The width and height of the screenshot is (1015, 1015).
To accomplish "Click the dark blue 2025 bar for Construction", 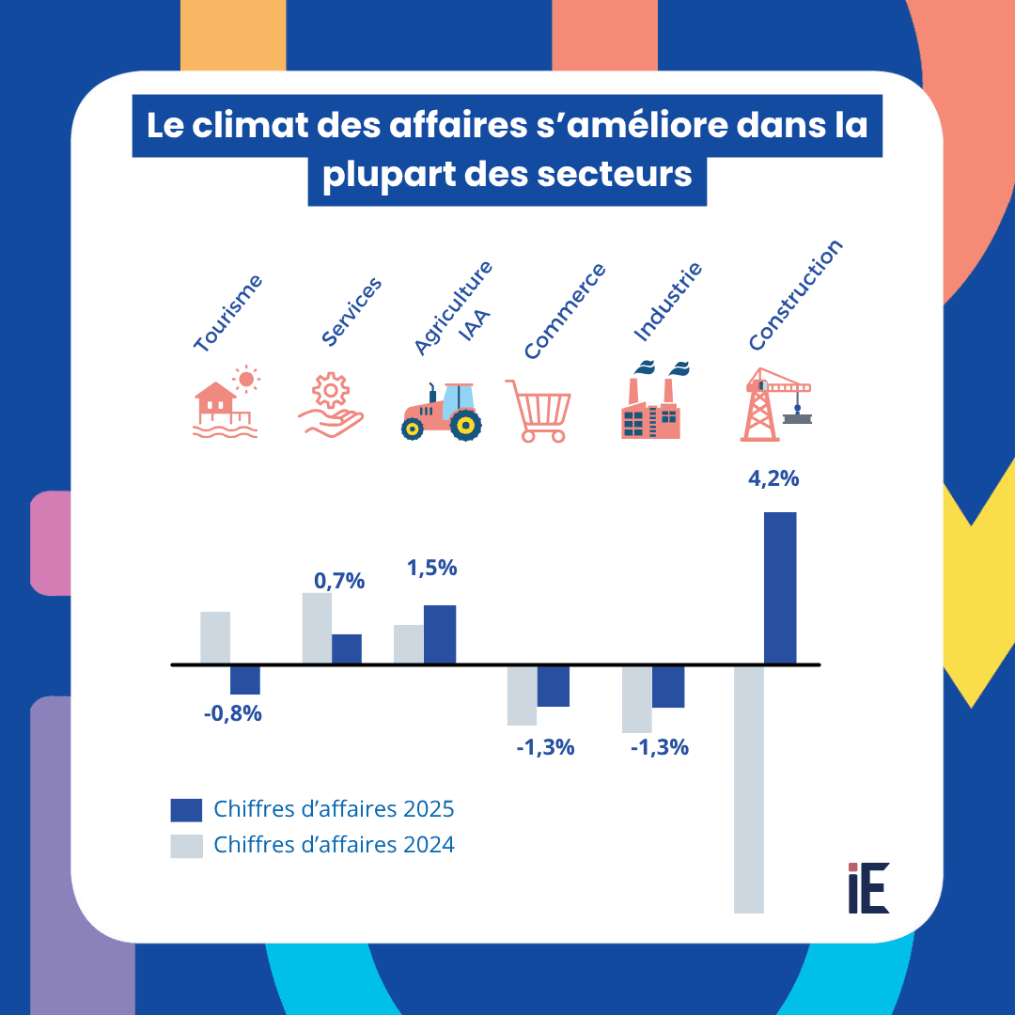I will coord(780,587).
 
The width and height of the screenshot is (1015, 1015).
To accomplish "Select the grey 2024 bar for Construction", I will coord(748,789).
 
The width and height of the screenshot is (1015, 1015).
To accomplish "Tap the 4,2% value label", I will coord(773,478).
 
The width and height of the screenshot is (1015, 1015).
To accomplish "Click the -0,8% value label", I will coord(232,713).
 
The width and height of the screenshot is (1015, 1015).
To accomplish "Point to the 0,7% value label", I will coord(339,581).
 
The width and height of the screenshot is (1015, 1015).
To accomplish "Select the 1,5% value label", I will coord(431,568).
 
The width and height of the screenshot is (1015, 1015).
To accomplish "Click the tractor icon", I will coord(442,412).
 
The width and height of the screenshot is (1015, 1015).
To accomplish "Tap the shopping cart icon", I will coord(538,411).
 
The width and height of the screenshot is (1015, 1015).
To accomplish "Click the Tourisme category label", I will coord(227,314).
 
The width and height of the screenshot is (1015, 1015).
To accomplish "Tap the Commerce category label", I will coord(565,311).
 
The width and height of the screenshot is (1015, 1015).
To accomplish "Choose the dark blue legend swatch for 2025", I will coord(186,810).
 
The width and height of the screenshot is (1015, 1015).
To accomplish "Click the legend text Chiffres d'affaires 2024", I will coord(334,845).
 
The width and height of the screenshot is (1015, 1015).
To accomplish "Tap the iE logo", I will coord(867,888).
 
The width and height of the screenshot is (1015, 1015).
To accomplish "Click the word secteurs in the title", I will coord(599,174).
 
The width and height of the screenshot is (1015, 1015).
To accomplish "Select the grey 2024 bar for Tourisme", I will coord(215,638).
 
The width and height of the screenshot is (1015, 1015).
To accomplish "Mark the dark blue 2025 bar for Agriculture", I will coord(440,634).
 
